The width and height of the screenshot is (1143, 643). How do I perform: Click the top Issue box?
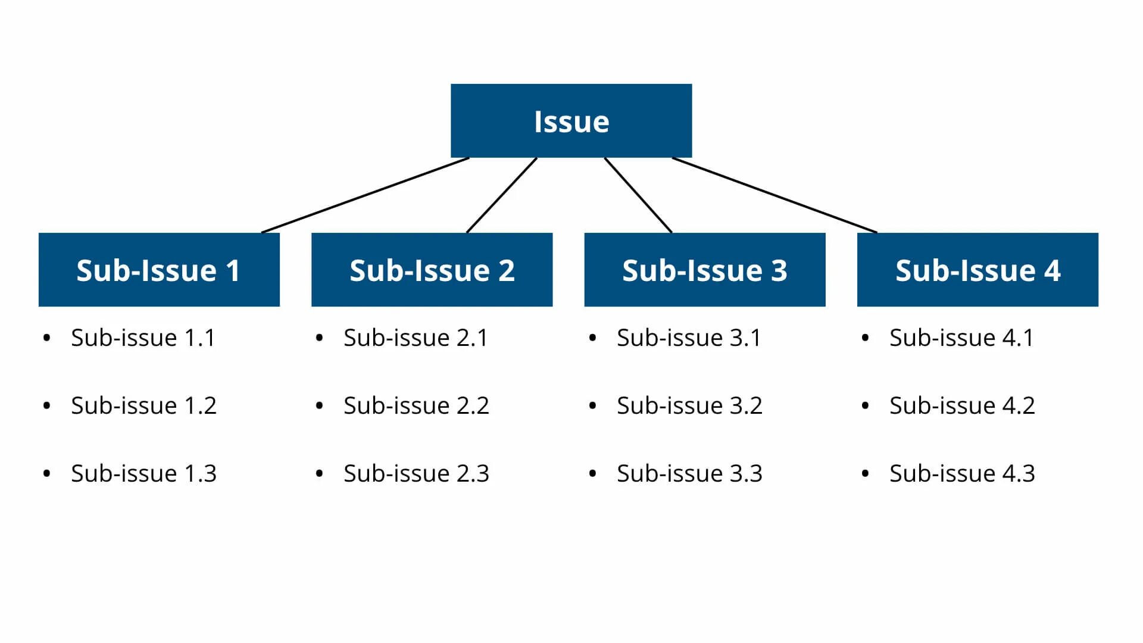[x=571, y=121]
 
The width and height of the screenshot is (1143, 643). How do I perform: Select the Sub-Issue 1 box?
[x=159, y=270]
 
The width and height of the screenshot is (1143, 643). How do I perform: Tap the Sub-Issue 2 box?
[x=432, y=270]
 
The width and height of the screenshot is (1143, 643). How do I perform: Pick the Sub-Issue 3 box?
[x=704, y=270]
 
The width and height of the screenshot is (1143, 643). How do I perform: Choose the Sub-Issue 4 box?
[x=978, y=270]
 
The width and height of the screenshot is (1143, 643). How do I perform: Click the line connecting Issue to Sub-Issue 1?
[x=366, y=195]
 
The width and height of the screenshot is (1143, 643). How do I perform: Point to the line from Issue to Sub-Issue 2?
[x=502, y=195]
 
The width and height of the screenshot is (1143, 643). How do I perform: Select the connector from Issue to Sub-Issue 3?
[x=638, y=195]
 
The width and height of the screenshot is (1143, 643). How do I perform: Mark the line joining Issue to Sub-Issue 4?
[x=774, y=195]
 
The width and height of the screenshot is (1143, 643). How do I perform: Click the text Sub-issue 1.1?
[x=143, y=338]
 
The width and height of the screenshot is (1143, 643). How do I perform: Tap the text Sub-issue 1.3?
[x=143, y=473]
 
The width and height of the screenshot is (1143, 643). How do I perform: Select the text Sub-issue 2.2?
[x=416, y=405]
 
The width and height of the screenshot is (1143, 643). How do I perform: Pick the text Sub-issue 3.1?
[x=689, y=338]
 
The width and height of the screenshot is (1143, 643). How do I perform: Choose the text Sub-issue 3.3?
[x=689, y=473]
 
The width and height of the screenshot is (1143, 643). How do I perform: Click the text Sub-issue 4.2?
[x=962, y=405]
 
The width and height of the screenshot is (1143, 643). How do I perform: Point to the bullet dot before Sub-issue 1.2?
[x=47, y=406]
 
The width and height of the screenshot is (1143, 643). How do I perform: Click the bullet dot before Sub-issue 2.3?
[x=320, y=474]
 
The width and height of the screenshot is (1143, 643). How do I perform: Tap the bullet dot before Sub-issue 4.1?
[x=865, y=338]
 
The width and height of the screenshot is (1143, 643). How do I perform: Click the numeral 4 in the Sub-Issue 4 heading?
[x=1052, y=270]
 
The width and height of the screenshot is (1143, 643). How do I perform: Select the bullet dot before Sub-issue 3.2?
[x=592, y=406]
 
